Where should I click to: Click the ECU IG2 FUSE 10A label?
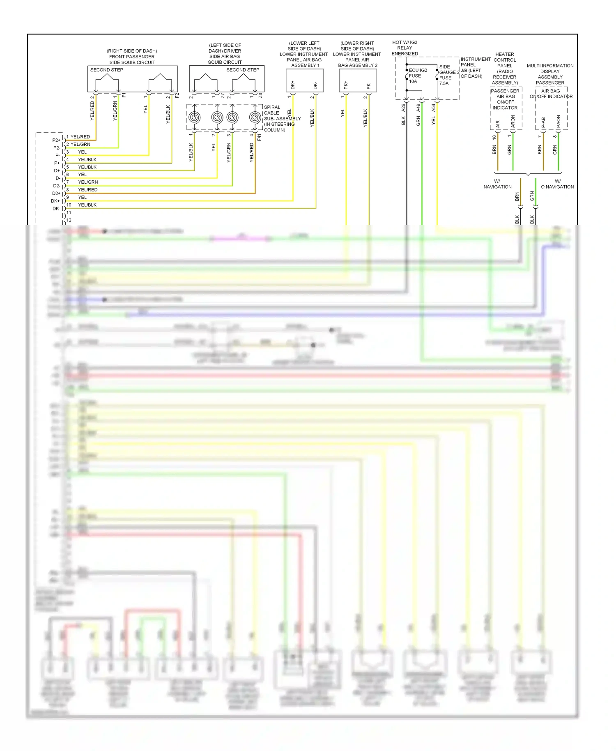[418, 76]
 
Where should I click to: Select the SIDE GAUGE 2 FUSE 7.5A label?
[448, 75]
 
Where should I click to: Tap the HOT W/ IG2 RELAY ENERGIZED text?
[405, 48]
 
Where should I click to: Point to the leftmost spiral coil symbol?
[194, 117]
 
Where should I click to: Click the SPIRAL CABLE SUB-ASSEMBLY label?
[282, 118]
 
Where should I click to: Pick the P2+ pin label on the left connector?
[56, 140]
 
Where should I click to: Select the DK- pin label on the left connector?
[56, 209]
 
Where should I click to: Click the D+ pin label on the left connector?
[57, 170]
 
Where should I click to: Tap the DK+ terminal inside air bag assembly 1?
[293, 85]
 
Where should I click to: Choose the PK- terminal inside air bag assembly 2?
[368, 85]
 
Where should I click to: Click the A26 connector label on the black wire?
[403, 108]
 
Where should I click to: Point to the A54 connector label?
[433, 108]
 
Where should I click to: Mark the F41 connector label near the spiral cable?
[259, 137]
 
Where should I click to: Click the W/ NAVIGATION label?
[497, 184]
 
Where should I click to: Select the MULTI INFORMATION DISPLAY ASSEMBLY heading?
[550, 74]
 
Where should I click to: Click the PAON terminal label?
[559, 121]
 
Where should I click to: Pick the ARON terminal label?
[513, 121]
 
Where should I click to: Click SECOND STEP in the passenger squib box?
[107, 70]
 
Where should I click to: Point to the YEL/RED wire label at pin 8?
[87, 190]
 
